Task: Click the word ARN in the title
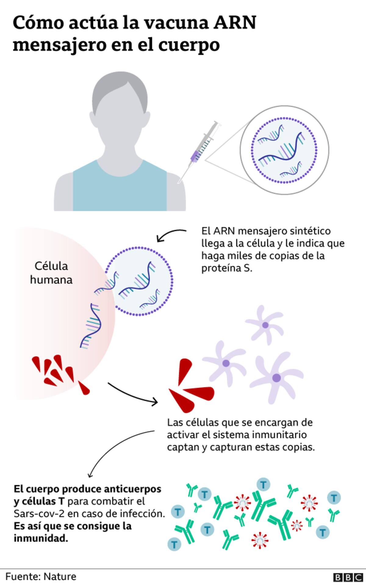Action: [x=235, y=23]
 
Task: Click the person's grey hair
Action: [x=120, y=92]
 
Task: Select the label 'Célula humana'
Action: [x=51, y=273]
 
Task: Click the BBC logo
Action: [x=348, y=577]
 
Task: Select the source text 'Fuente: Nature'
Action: [x=41, y=577]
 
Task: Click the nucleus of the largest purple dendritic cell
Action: [x=277, y=378]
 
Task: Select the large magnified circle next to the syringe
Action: [x=284, y=150]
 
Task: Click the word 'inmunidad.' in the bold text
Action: [x=41, y=538]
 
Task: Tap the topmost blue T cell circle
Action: [x=264, y=484]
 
